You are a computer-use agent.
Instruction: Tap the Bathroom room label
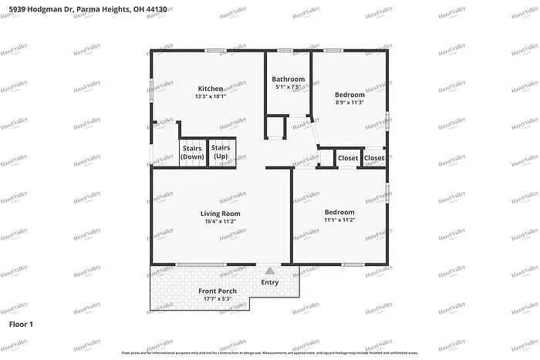[288, 79]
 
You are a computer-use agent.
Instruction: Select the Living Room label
[220, 214]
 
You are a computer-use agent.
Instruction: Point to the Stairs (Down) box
[192, 152]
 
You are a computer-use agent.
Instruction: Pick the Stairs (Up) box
[221, 152]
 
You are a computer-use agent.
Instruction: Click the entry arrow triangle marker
[269, 271]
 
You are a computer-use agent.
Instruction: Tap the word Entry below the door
[270, 283]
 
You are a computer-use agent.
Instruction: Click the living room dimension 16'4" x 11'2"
[220, 222]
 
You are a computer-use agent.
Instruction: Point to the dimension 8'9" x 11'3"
[350, 103]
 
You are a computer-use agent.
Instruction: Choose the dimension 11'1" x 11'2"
[339, 220]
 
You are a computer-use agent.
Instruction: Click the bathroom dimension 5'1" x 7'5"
[288, 88]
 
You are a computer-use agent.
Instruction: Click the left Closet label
[348, 158]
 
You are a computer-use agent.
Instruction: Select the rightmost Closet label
[374, 158]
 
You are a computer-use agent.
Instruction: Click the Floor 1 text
[21, 325]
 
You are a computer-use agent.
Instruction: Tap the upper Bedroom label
[350, 94]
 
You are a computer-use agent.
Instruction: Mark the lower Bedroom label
[339, 212]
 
